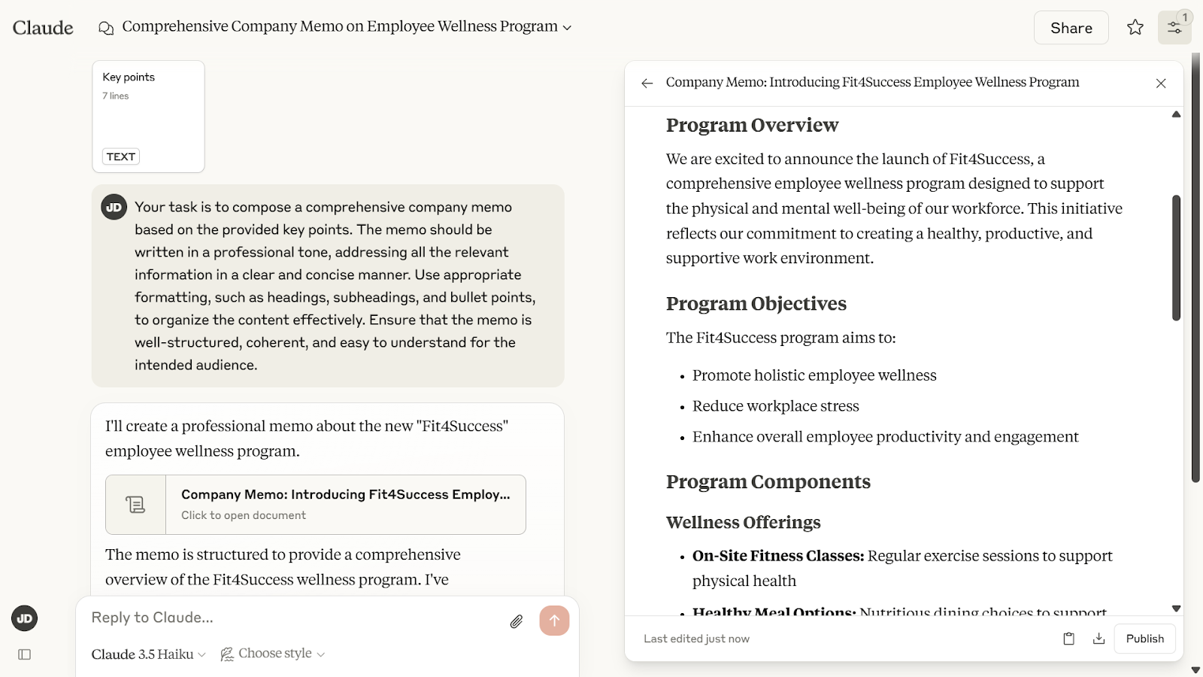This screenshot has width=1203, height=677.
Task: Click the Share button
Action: (x=1071, y=28)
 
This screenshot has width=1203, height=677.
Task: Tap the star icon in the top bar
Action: (x=1135, y=28)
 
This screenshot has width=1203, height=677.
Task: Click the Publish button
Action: (x=1144, y=639)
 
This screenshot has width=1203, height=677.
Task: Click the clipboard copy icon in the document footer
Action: (x=1068, y=639)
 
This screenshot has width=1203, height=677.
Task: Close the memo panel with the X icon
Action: (x=1161, y=83)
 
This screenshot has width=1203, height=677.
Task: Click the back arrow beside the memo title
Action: (x=647, y=83)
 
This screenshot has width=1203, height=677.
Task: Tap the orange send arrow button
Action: (x=554, y=621)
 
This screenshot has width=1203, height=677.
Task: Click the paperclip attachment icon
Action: (x=517, y=621)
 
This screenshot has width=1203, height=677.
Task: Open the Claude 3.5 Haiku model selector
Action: (x=148, y=654)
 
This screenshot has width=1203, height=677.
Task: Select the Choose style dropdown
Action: (x=273, y=654)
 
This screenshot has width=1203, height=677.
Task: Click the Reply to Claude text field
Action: (x=293, y=618)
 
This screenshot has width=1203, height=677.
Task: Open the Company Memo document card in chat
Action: (x=316, y=504)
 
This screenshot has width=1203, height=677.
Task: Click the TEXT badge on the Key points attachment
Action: (x=121, y=156)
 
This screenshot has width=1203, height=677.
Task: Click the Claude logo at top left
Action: (x=43, y=28)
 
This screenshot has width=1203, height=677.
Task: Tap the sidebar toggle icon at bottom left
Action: (x=24, y=654)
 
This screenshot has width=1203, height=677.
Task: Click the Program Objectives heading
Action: (x=756, y=304)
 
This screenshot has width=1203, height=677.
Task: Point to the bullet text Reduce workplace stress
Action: (x=775, y=406)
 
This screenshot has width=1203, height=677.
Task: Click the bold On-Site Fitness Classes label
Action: (x=778, y=556)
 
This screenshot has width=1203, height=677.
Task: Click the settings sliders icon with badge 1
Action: (x=1174, y=28)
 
